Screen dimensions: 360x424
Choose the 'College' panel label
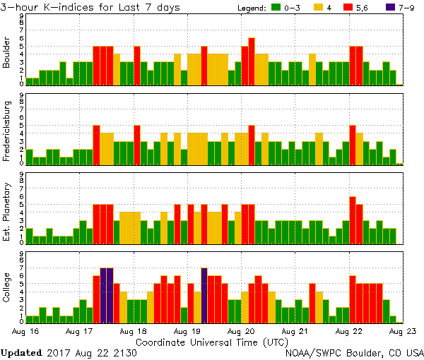click(x=7, y=287)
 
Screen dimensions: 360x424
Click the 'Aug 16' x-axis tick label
click(x=25, y=330)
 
